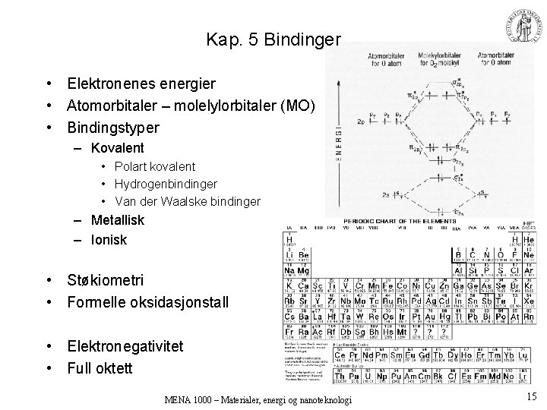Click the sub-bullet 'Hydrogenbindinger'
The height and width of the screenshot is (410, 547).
pyautogui.click(x=166, y=184)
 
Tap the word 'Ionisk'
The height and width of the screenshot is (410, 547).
pyautogui.click(x=109, y=239)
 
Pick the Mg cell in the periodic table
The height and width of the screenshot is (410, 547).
pyautogui.click(x=303, y=270)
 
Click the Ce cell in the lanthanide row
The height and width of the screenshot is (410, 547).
pyautogui.click(x=345, y=355)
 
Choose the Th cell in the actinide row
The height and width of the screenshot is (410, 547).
pyautogui.click(x=345, y=377)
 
